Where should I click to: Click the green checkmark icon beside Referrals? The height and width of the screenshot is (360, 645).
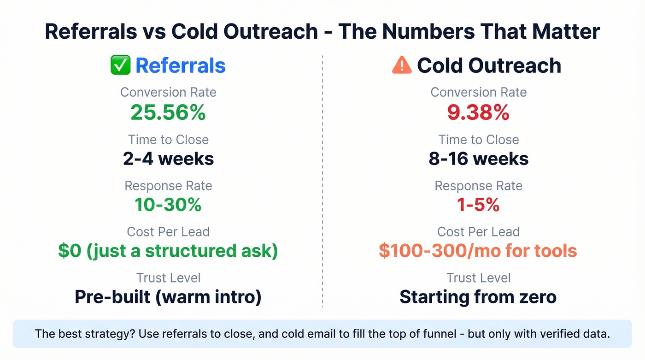tap(121, 65)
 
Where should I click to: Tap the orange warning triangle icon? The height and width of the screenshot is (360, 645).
tap(401, 65)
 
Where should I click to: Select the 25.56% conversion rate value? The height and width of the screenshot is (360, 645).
tap(168, 112)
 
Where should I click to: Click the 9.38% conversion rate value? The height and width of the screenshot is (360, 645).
tap(478, 112)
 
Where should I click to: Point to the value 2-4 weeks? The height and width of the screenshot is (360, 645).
tap(168, 159)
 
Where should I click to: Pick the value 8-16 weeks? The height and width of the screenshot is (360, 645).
tap(478, 159)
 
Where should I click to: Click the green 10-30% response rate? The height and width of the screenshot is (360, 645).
tap(168, 205)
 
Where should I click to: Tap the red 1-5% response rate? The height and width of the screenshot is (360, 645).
tap(478, 205)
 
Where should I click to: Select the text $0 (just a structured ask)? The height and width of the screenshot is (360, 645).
tap(168, 251)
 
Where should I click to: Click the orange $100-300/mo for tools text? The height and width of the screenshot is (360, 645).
tap(478, 251)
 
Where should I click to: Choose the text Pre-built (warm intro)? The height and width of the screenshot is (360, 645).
tap(168, 297)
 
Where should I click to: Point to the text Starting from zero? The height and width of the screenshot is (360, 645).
tap(478, 297)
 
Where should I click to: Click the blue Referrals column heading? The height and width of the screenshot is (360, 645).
tap(180, 65)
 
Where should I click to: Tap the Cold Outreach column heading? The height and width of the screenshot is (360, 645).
tap(489, 65)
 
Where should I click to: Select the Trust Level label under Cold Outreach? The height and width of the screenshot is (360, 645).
tap(478, 278)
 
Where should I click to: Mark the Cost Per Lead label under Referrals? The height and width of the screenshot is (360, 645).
tap(168, 232)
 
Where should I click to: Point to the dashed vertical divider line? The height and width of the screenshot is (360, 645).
tap(322, 184)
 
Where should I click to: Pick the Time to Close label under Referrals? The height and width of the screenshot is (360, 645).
tap(168, 140)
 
